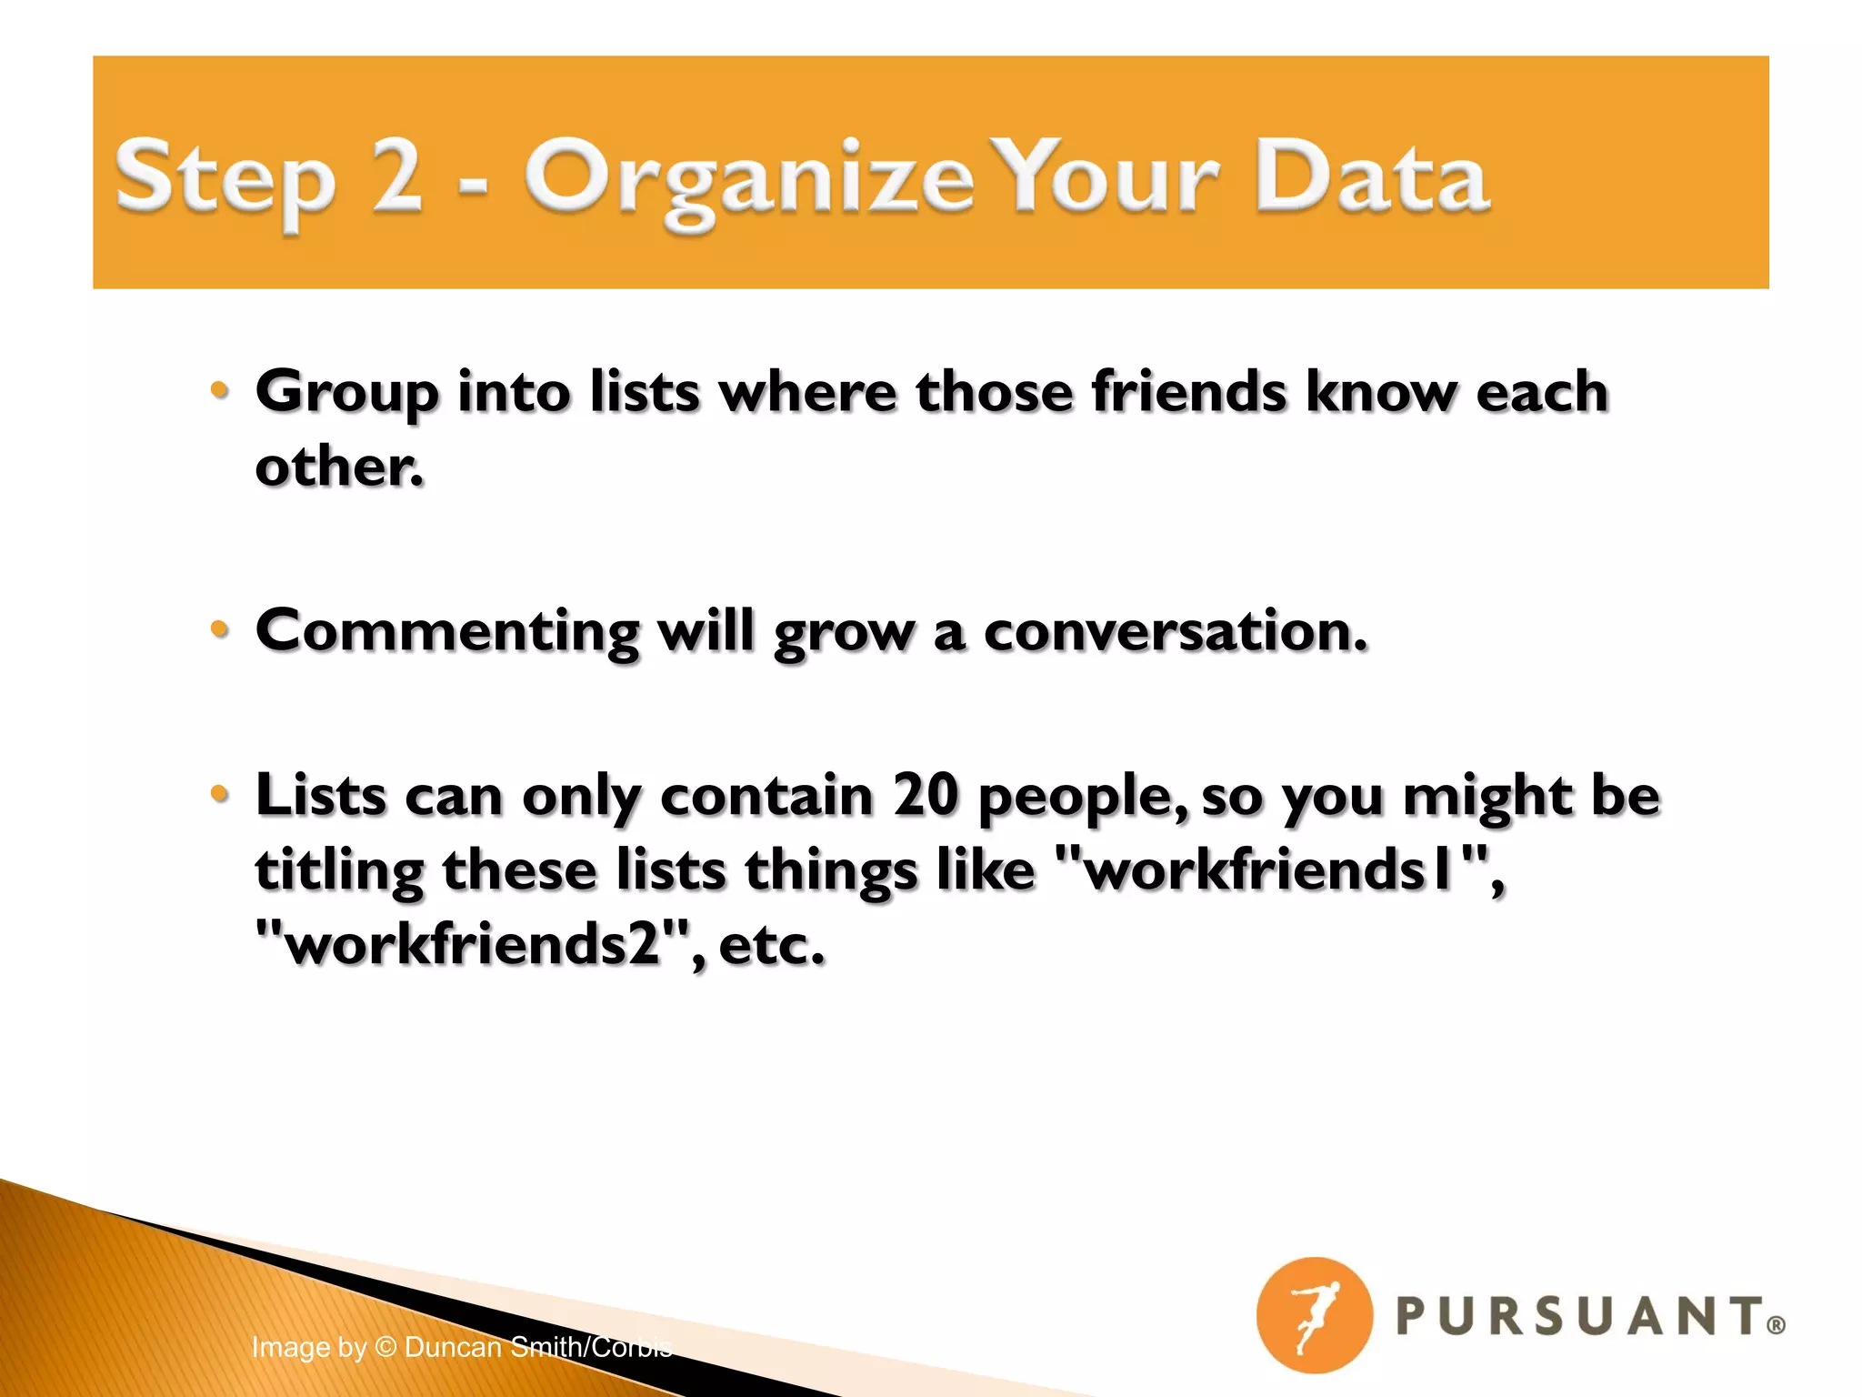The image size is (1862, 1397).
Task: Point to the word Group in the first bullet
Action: (346, 393)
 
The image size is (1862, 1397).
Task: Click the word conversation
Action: (1175, 630)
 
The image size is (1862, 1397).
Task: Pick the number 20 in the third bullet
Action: (925, 795)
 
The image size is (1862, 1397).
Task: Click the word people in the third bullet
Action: (1082, 797)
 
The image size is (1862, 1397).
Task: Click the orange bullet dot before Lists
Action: (219, 793)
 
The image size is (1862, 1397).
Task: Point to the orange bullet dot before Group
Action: (219, 390)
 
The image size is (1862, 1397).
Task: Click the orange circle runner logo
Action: (1313, 1315)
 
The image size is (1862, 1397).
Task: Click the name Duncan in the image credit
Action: (453, 1347)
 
